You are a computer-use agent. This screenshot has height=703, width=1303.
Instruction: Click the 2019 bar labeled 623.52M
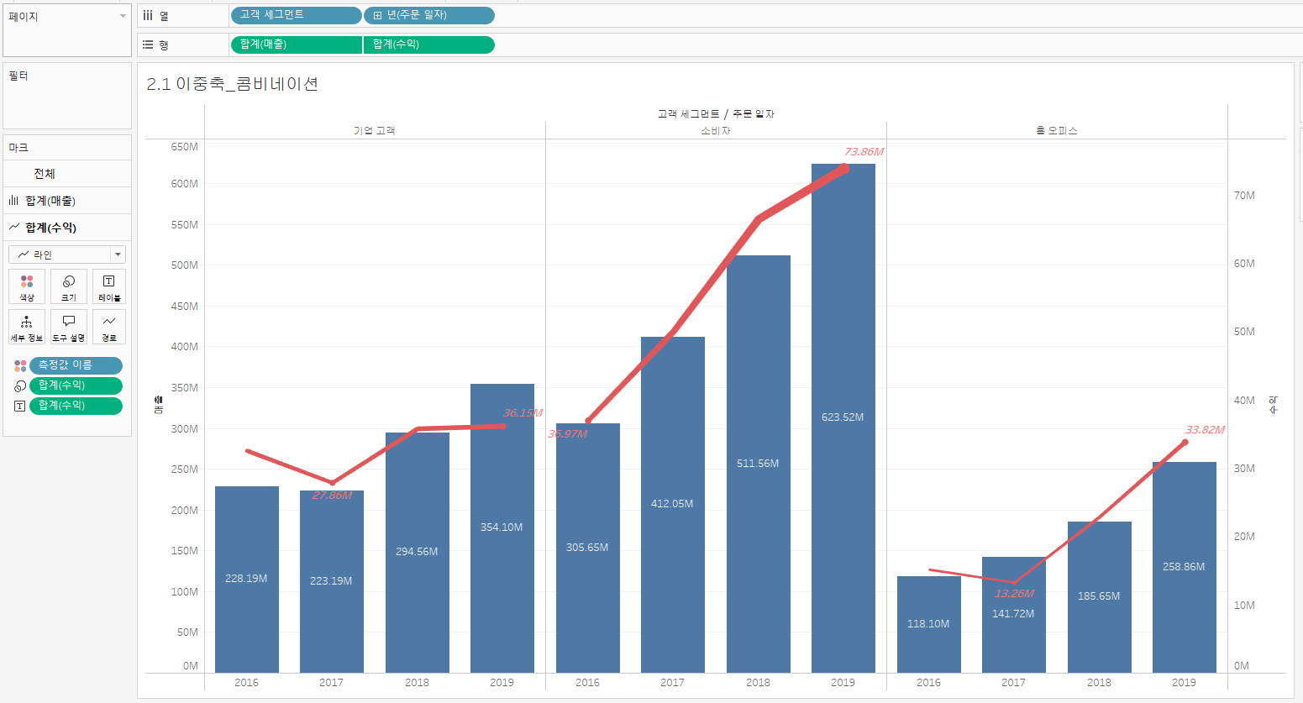click(843, 420)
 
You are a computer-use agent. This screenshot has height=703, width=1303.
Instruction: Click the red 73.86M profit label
click(864, 152)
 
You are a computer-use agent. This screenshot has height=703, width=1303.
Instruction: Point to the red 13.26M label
click(1014, 594)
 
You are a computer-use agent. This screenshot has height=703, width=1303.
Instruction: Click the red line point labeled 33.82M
click(1185, 442)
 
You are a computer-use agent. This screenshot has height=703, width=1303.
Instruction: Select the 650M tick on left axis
click(185, 147)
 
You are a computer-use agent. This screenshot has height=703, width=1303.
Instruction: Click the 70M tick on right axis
click(1244, 196)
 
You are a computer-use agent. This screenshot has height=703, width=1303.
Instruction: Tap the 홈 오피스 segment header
click(1057, 131)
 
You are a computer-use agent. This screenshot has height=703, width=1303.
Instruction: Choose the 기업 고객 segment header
click(374, 131)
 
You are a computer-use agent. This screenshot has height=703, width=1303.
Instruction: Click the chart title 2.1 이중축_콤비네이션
click(232, 84)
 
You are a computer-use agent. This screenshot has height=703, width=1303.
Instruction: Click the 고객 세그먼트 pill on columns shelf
click(295, 15)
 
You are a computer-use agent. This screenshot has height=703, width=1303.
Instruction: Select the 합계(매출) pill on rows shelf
click(296, 45)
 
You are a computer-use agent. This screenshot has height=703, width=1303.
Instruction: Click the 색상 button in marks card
click(27, 286)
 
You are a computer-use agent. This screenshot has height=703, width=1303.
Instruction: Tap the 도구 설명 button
click(69, 327)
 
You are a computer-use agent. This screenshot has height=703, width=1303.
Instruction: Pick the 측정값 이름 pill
click(76, 365)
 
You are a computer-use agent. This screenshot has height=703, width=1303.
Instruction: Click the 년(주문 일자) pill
click(429, 15)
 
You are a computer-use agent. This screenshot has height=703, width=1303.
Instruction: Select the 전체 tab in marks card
click(45, 174)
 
